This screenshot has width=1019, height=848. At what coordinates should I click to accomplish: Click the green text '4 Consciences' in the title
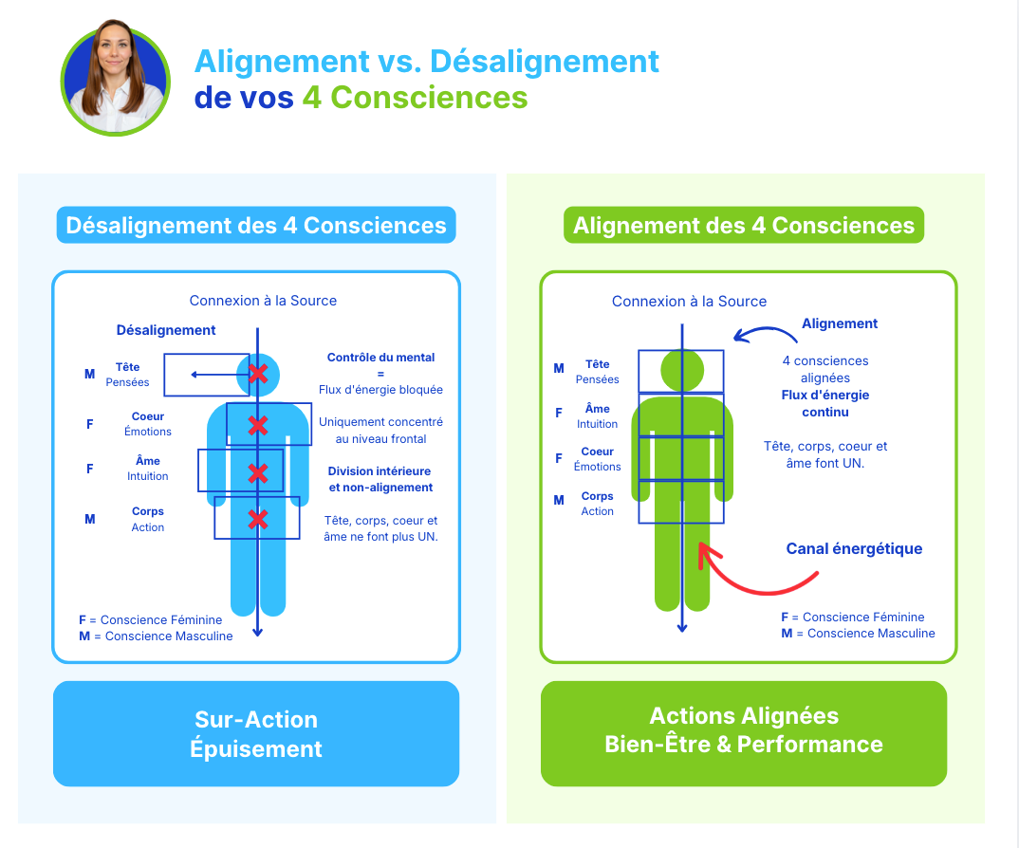415,97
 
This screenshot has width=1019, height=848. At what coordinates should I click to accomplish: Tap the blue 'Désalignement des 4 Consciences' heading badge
256,226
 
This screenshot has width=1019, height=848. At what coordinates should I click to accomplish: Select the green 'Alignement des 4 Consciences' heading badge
744,226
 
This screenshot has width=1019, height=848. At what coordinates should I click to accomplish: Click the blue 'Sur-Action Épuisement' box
256,733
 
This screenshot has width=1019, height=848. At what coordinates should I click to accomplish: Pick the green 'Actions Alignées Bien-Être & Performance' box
744,730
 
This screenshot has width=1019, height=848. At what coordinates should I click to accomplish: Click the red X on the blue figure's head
257,373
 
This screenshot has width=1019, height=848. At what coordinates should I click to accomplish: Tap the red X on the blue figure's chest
257,424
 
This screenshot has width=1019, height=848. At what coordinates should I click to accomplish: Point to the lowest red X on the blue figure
257,519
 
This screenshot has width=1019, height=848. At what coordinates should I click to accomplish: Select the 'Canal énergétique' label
854,548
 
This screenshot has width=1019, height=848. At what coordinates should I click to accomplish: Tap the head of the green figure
681,369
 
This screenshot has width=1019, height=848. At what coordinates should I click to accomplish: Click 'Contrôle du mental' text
380,358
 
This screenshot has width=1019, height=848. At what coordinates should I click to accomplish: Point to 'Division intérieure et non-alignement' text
380,479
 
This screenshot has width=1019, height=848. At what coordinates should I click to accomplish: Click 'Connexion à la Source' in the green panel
689,302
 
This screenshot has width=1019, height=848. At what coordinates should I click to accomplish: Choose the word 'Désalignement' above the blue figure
166,330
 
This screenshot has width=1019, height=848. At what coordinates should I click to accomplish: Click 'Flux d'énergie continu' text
824,403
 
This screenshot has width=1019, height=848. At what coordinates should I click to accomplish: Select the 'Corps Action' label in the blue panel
148,519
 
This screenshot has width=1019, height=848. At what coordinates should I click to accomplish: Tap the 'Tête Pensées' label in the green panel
597,372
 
